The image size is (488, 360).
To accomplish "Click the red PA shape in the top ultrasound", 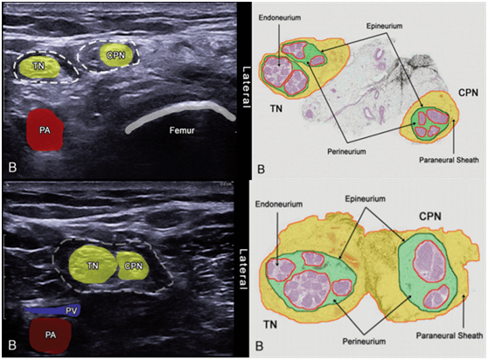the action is (x=45, y=129).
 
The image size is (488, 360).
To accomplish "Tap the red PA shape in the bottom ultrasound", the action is (x=50, y=336).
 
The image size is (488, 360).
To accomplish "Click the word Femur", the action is (x=182, y=130).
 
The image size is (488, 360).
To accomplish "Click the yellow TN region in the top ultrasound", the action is (x=38, y=66).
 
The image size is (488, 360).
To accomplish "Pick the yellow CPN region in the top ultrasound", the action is (x=116, y=55).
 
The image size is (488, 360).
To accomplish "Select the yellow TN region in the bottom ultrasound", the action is (x=93, y=264).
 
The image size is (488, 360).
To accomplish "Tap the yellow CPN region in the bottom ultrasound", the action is (x=133, y=266).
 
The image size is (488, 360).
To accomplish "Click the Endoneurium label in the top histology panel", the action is (x=280, y=17).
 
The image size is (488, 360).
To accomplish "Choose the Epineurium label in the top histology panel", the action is (x=384, y=26).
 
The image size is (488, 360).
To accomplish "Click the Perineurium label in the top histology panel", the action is (x=346, y=151).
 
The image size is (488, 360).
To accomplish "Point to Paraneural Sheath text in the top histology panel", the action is (x=449, y=160).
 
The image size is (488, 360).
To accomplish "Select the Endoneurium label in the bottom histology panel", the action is (x=279, y=204).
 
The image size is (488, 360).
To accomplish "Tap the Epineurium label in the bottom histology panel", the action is (x=365, y=198).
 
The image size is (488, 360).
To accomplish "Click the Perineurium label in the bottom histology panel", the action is (x=364, y=342).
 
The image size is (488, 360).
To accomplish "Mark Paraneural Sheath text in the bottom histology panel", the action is (x=450, y=336).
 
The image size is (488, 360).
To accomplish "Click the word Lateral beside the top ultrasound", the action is (x=246, y=87).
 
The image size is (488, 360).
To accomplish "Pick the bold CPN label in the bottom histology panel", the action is (x=430, y=216).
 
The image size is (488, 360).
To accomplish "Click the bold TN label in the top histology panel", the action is (x=276, y=108).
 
